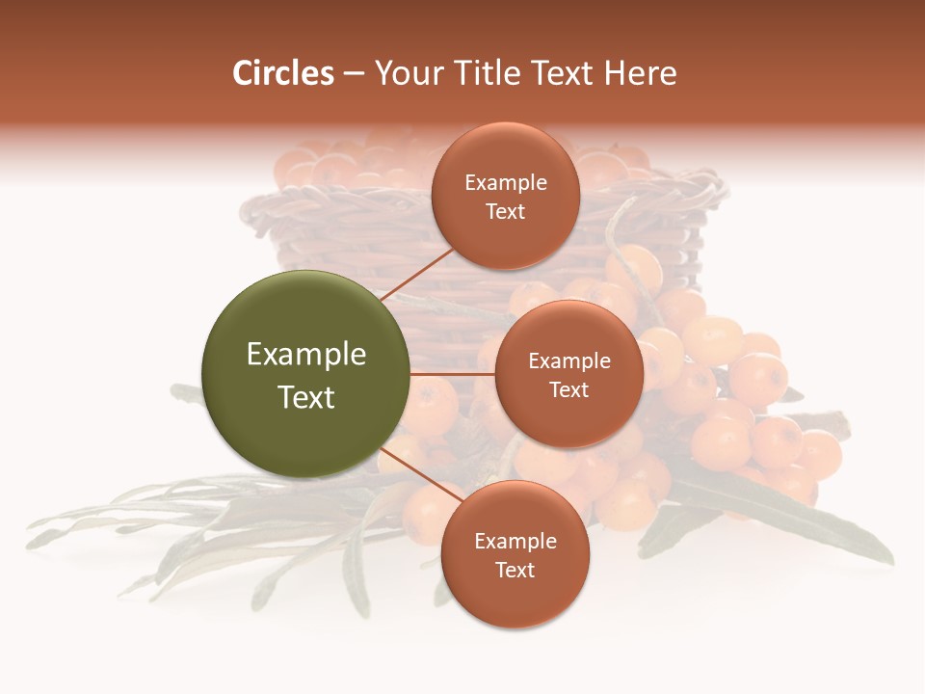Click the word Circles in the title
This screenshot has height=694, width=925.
(283, 73)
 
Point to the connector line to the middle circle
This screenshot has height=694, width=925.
(452, 374)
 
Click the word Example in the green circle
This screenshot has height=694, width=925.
(305, 355)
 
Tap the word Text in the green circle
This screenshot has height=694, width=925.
(305, 397)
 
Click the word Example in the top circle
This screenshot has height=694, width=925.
(505, 183)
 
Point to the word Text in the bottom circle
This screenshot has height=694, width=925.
(515, 570)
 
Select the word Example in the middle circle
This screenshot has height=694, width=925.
(568, 361)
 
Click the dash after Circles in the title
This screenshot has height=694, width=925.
(354, 74)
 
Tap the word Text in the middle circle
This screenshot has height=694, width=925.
(568, 389)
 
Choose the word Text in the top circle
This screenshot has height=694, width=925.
(505, 211)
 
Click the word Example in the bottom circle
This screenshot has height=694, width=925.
(515, 542)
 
